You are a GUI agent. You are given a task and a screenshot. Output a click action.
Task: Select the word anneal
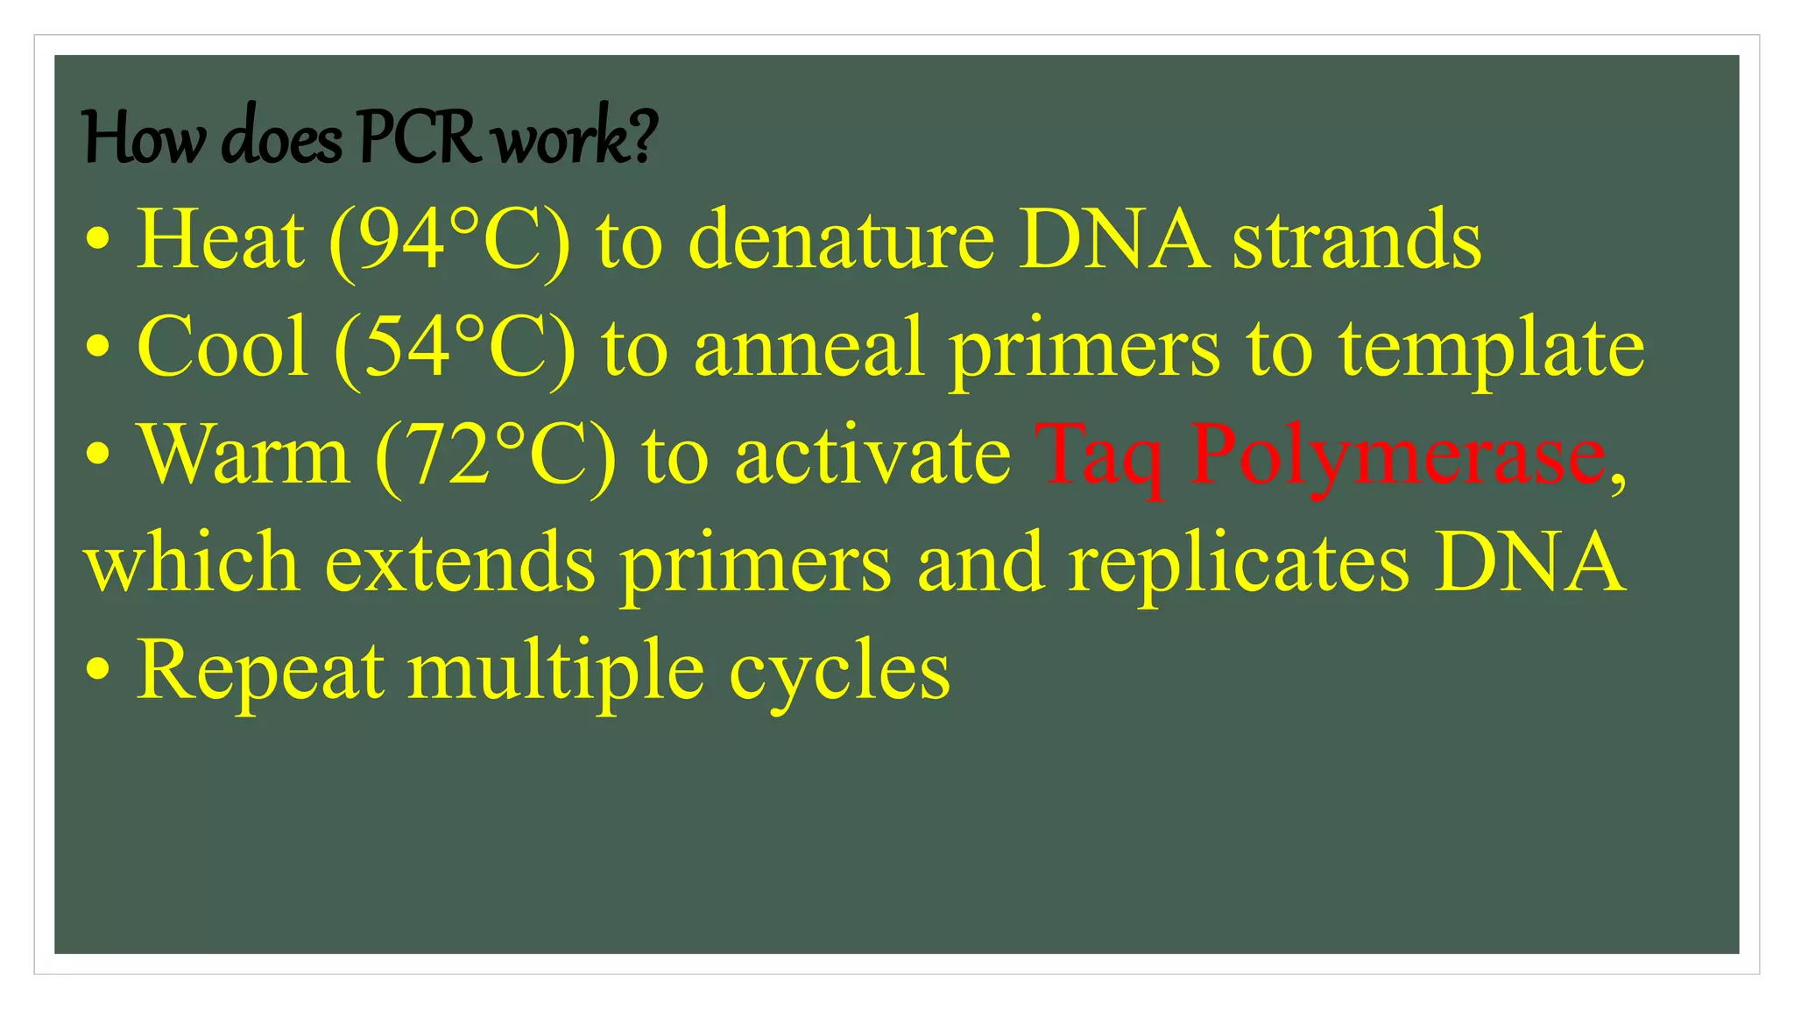809,347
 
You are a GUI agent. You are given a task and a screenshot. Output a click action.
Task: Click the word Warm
244,455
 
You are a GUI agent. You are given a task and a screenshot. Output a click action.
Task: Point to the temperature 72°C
496,455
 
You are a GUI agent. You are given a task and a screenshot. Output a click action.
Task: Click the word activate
872,455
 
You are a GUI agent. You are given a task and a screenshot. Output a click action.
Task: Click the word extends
460,562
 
